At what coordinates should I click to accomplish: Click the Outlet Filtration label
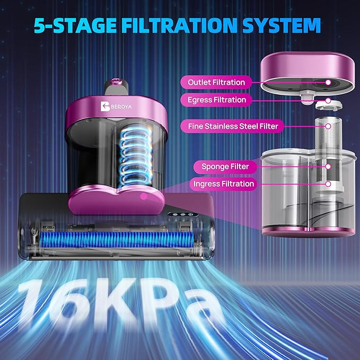coord(216,82)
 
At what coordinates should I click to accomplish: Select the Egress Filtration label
coord(217,100)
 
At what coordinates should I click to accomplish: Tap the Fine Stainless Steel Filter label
coord(233,126)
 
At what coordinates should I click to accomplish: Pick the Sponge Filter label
coord(225,166)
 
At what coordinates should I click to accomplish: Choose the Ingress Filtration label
coord(223,184)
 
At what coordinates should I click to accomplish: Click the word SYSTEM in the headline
coord(282,25)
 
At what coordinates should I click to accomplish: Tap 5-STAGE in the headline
coord(75,25)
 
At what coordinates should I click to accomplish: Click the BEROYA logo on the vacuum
coord(116,107)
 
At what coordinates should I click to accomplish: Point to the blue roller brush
coord(117,240)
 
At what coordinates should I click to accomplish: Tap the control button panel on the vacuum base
coord(183,214)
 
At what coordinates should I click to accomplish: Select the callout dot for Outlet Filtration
coord(328,82)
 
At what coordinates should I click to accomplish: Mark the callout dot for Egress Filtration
coord(328,101)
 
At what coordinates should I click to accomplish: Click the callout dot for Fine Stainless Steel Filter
coord(328,126)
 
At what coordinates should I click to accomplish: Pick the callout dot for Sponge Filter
coord(328,166)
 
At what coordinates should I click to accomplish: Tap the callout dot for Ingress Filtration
coord(328,184)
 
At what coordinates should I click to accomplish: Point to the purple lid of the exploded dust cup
coord(308,69)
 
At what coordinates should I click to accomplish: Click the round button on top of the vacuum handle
coord(116,81)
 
